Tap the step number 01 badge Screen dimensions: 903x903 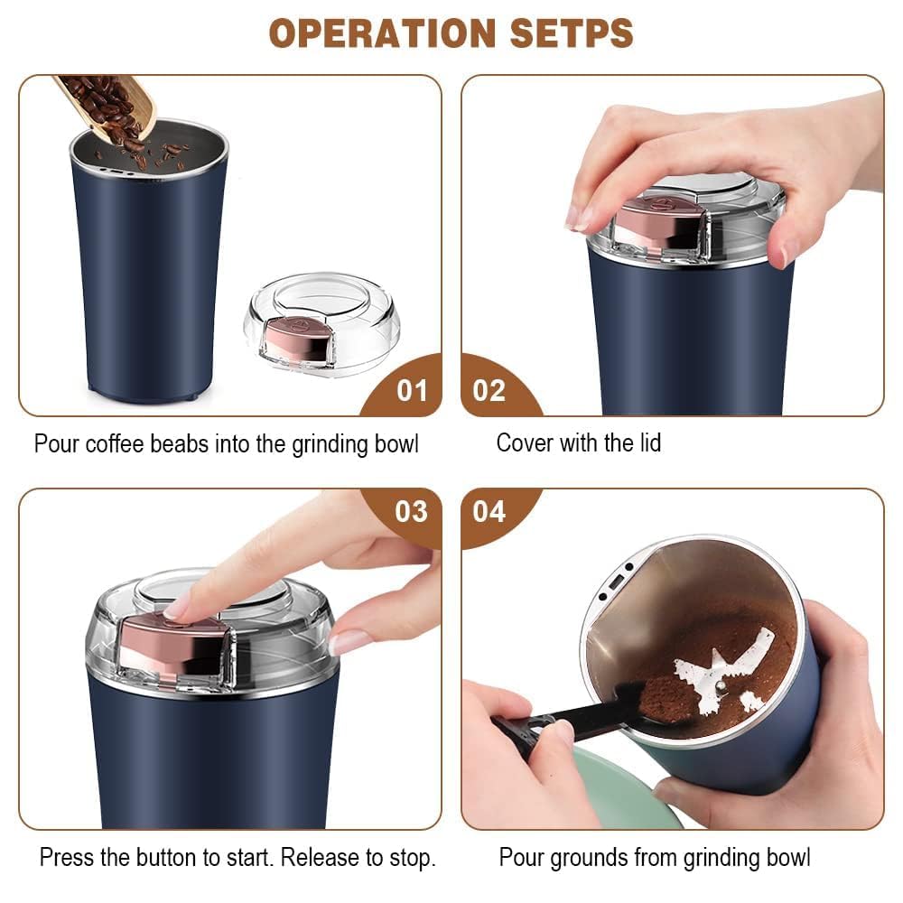pos(412,390)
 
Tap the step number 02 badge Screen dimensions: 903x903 pos(489,390)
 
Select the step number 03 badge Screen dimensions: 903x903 pos(412,511)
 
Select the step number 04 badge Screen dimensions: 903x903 pos(489,511)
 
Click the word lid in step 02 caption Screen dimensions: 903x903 pos(648,442)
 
